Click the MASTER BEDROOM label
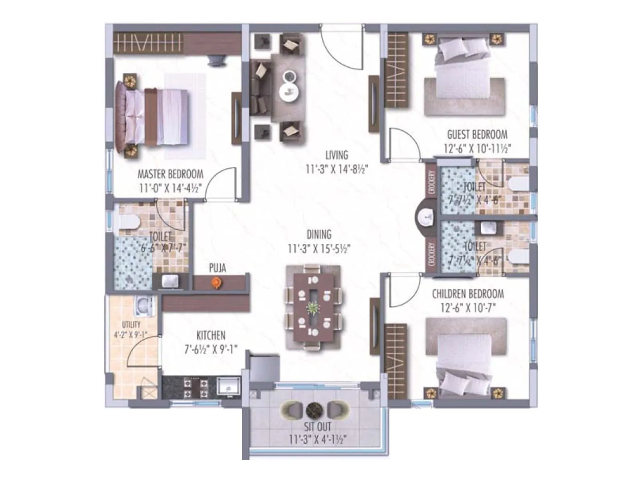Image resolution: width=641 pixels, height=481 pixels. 170,174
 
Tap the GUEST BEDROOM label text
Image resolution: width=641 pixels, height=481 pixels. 477,135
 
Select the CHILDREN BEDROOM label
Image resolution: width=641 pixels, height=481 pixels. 468,294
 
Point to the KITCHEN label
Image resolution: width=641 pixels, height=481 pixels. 211,335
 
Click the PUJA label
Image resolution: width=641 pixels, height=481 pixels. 217,268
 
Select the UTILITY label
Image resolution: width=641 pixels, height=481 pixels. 131,324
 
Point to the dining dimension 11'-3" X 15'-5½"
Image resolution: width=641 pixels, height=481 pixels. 319,249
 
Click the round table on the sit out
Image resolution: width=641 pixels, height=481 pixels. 314,410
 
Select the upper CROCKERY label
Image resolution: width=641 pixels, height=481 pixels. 431,183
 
